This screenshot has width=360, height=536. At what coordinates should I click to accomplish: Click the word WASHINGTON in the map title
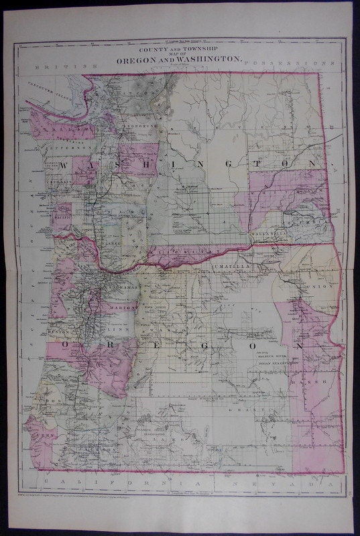coord(202,59)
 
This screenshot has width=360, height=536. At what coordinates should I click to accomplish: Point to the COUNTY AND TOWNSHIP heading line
coord(180,50)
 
